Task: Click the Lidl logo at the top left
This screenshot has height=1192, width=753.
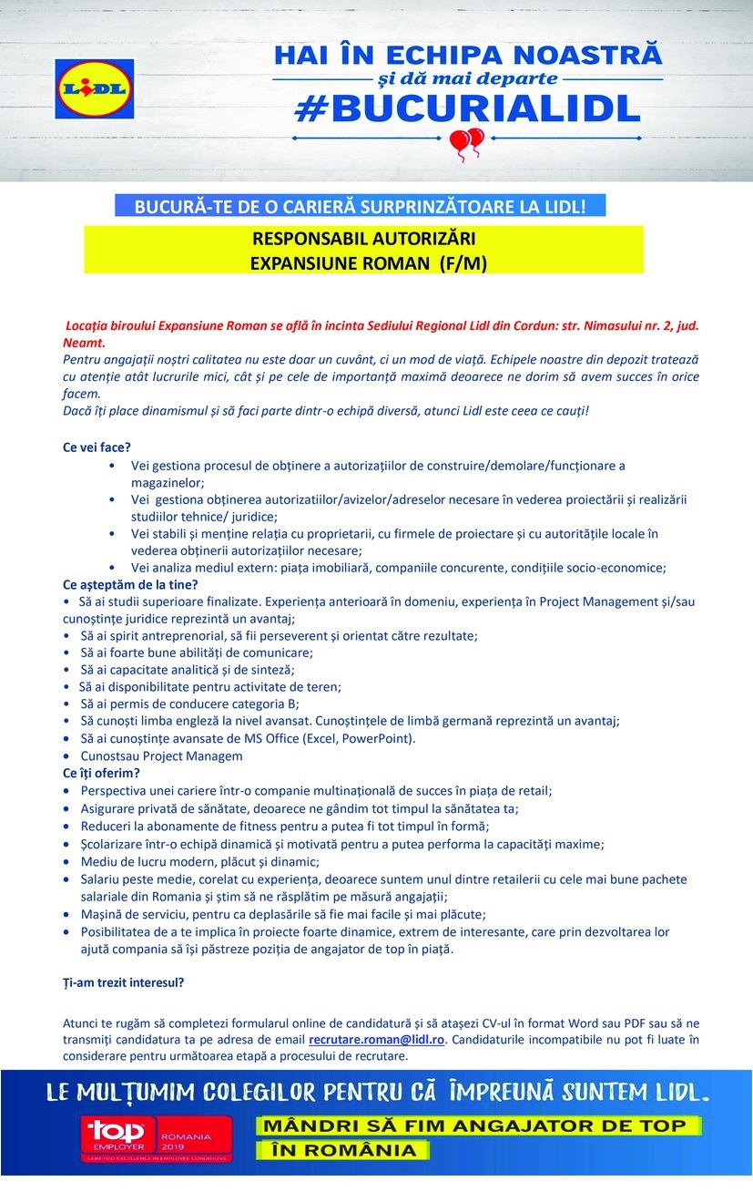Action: point(94,88)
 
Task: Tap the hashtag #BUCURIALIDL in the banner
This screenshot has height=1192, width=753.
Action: point(468,108)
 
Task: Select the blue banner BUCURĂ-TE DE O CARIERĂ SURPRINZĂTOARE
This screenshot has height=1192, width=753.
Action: point(360,206)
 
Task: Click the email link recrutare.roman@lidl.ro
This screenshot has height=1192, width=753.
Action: point(376,1039)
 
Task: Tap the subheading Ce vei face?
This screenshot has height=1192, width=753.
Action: point(97,448)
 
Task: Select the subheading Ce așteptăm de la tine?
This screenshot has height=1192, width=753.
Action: point(129,584)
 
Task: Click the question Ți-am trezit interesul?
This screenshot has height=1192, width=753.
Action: point(123,983)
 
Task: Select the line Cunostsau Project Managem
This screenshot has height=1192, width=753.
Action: point(161,755)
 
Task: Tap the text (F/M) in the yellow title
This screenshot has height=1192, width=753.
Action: point(463,263)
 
